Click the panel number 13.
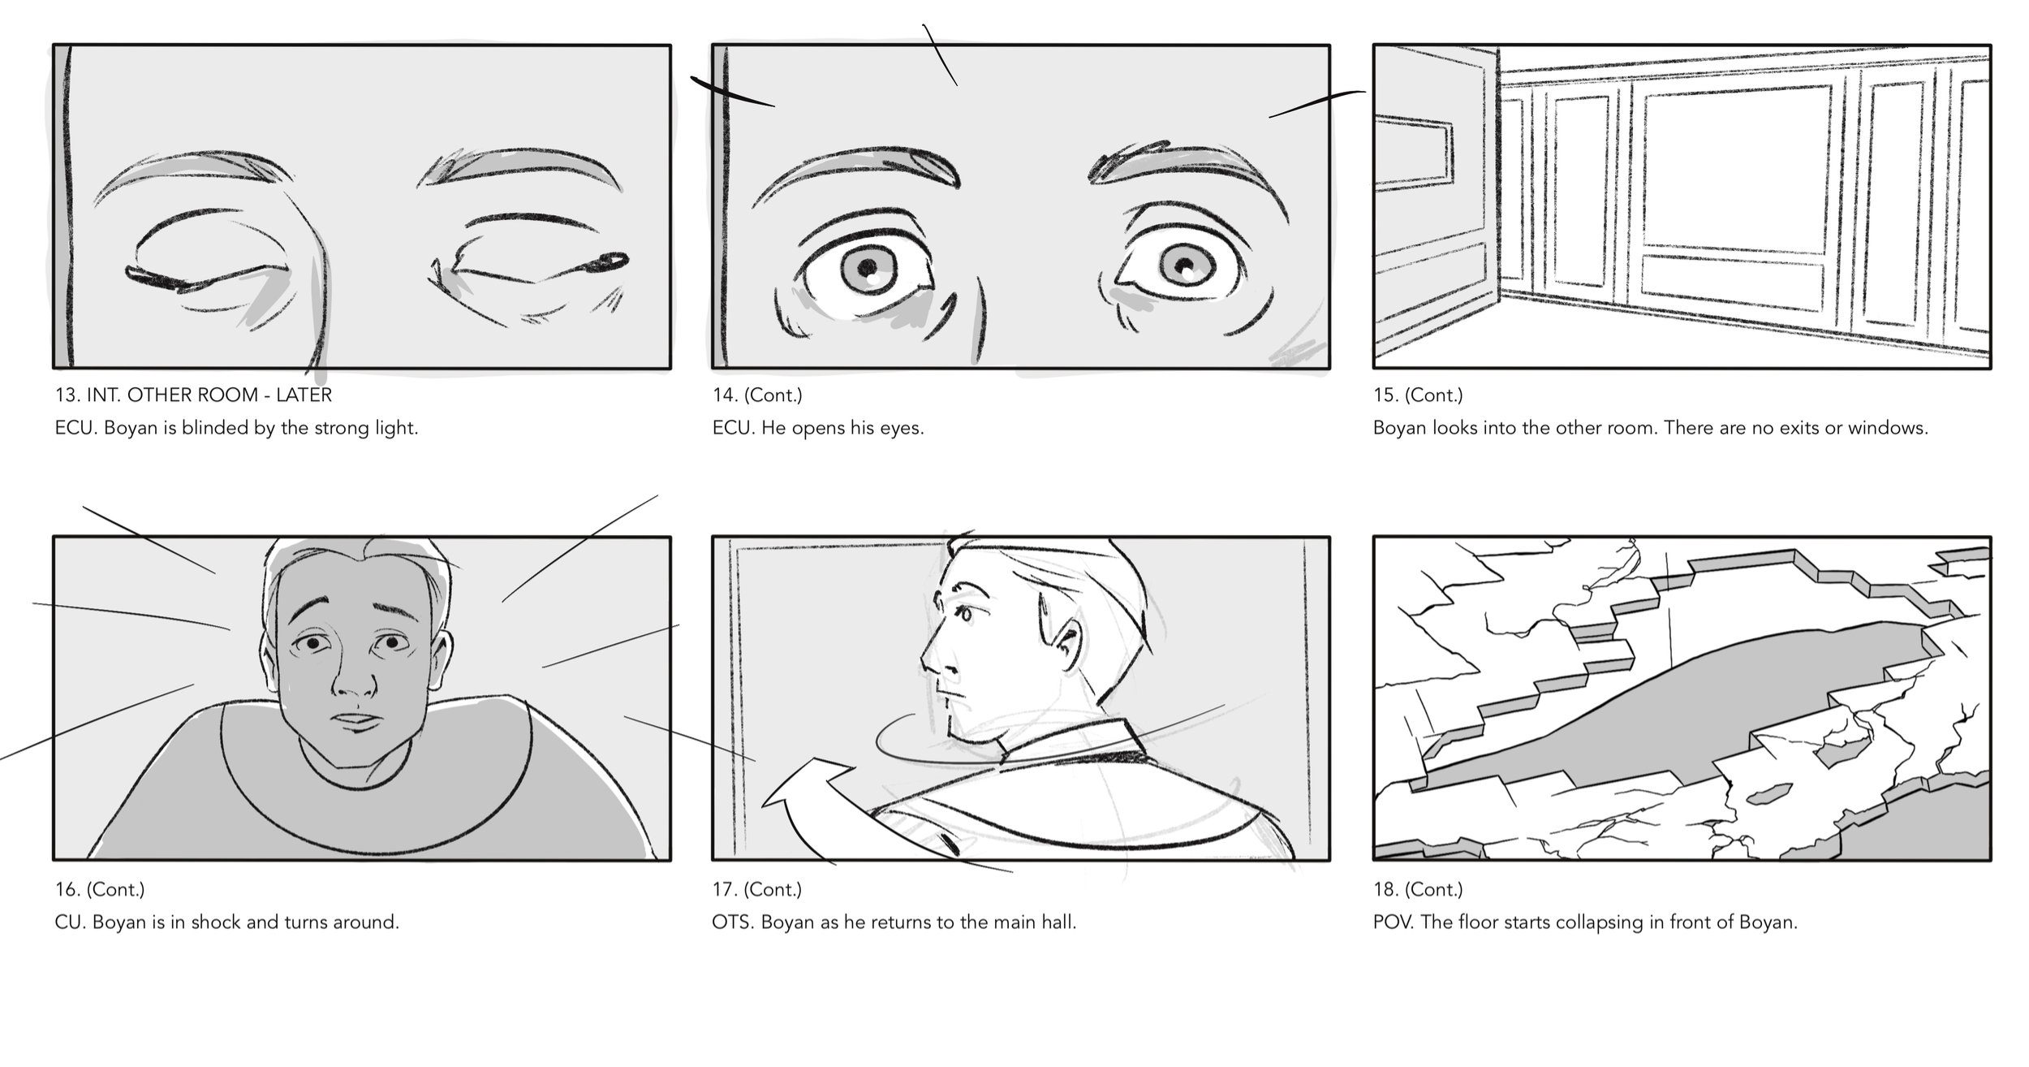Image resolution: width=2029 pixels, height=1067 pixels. (65, 395)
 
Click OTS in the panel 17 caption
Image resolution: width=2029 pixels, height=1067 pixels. (732, 922)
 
